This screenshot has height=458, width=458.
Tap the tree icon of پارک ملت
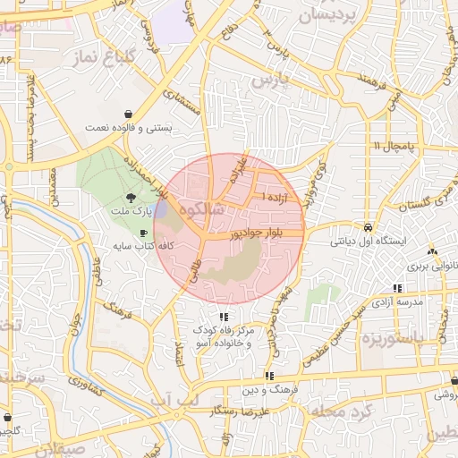pos(131,198)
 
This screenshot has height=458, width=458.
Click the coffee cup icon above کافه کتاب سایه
pos(143,232)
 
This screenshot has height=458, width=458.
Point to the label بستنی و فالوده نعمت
pos(129,128)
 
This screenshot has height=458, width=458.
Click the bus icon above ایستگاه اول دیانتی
pos(368,226)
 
